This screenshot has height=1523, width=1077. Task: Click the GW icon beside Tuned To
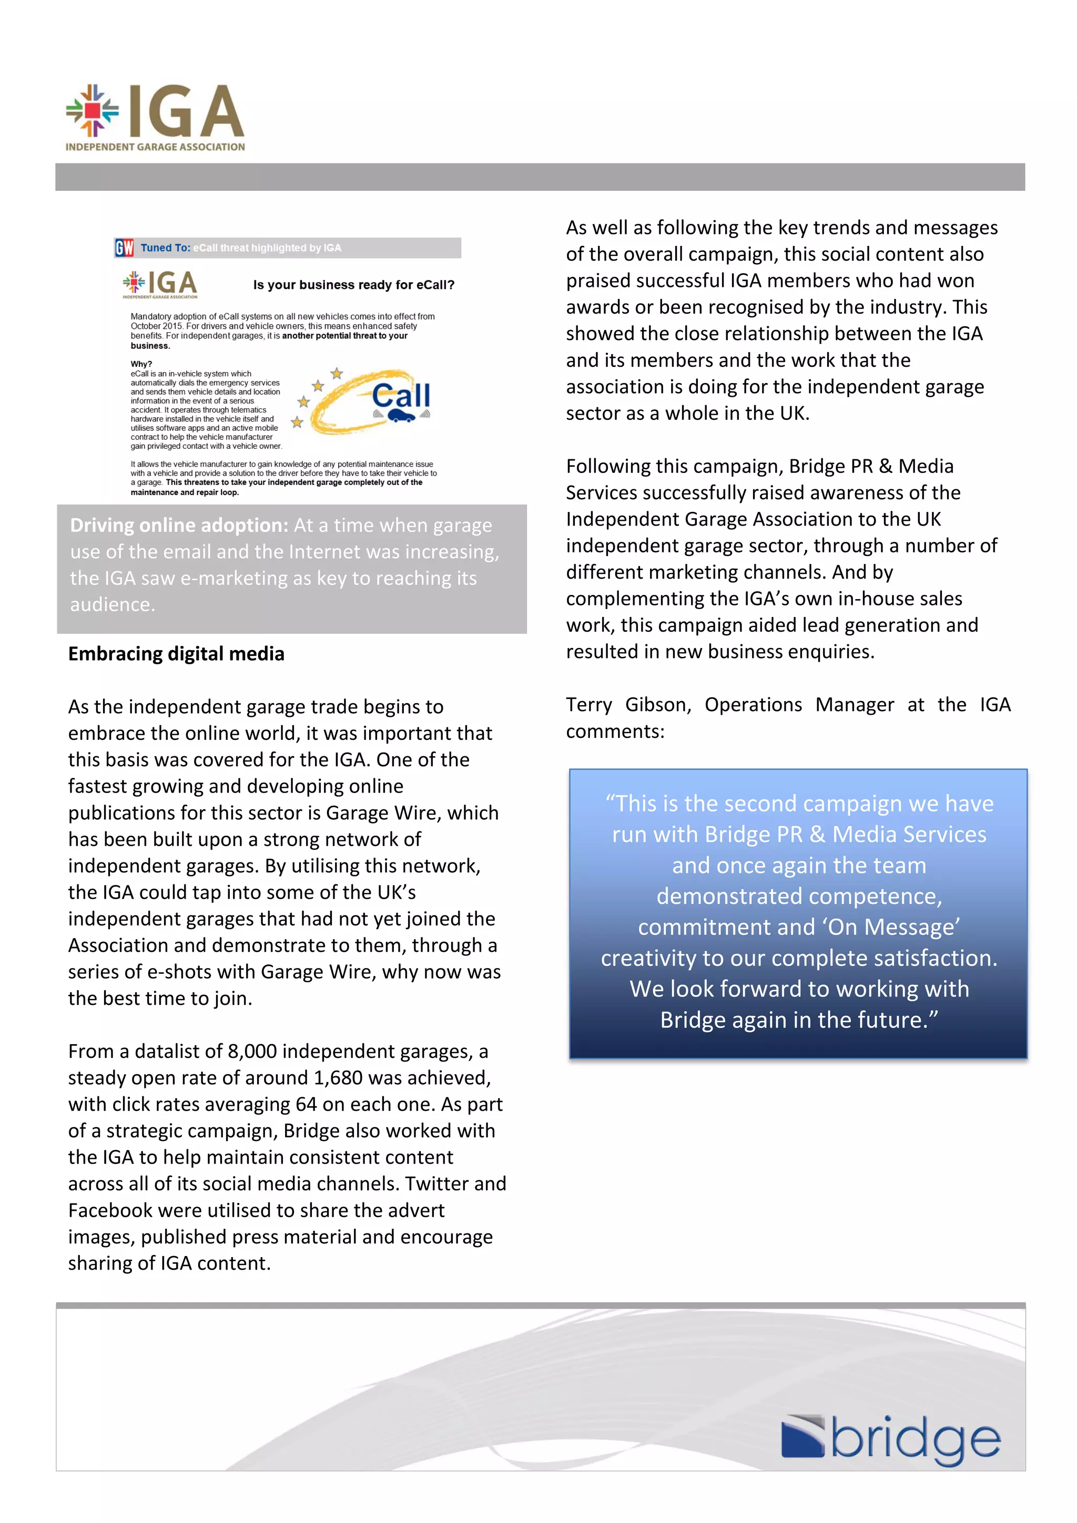click(124, 248)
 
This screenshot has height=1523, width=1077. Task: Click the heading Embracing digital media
click(176, 654)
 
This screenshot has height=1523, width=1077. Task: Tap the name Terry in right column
click(588, 704)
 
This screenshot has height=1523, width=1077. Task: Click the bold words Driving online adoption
click(178, 526)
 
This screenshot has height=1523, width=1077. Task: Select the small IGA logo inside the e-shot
click(160, 284)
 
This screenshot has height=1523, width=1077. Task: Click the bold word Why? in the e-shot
click(141, 364)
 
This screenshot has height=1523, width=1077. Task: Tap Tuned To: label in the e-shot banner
click(165, 248)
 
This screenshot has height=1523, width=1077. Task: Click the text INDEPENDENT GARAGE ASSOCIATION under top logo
click(155, 147)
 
